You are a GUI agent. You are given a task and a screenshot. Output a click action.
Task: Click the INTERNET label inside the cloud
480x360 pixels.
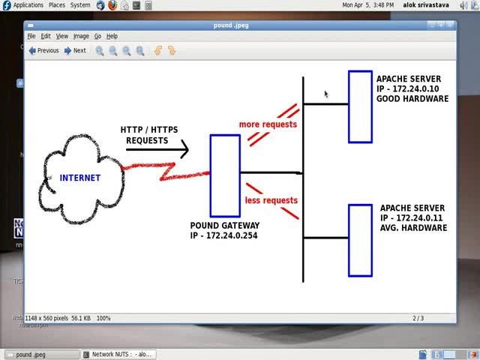[x=80, y=178]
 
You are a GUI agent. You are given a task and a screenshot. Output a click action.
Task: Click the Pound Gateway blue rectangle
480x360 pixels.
[x=225, y=175]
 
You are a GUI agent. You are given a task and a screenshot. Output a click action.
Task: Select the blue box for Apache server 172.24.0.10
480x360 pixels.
[x=360, y=106]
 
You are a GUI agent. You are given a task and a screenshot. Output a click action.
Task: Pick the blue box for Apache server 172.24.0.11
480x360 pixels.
[x=360, y=240]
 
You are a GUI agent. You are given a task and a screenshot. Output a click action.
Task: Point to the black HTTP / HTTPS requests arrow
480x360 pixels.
[x=157, y=149]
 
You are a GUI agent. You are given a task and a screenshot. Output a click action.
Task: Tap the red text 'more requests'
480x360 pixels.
[x=268, y=124]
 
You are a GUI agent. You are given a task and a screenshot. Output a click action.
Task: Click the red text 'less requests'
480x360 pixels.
[x=271, y=200]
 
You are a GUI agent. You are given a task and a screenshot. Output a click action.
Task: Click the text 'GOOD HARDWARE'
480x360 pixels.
[x=412, y=98]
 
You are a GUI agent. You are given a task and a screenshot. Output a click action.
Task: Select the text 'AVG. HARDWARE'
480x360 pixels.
[x=413, y=227]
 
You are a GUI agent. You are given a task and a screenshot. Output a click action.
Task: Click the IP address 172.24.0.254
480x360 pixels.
[x=225, y=235]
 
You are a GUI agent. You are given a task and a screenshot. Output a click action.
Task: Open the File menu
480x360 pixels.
[x=31, y=36]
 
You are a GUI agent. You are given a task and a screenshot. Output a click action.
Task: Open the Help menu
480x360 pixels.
[x=112, y=36]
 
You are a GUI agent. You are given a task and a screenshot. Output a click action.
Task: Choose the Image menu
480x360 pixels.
[x=81, y=36]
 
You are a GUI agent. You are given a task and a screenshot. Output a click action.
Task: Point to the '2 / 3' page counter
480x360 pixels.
[x=418, y=318]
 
